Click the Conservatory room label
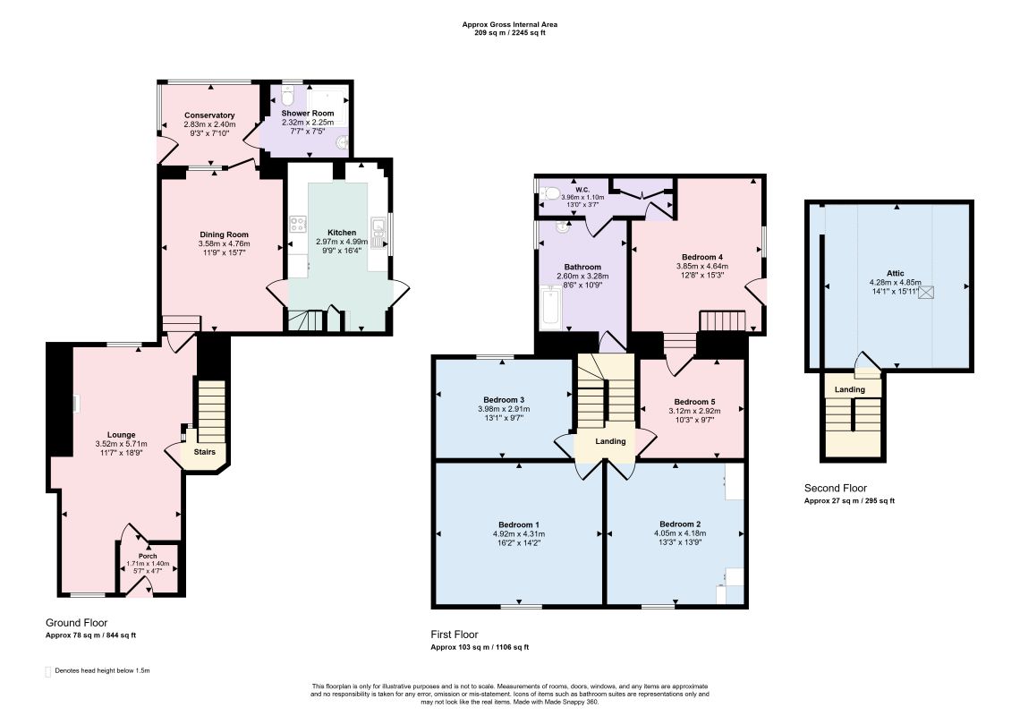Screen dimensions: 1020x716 click(209, 115)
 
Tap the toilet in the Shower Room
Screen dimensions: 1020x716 click(289, 97)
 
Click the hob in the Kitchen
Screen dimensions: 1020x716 click(298, 224)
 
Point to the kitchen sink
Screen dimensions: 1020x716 click(378, 229)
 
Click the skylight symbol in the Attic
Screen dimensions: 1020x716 click(926, 292)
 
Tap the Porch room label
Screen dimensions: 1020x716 click(148, 556)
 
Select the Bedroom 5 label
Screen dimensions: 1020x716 click(694, 402)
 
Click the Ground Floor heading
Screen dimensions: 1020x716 click(77, 623)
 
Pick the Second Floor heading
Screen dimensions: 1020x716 click(836, 488)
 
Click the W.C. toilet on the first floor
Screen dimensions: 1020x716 click(550, 192)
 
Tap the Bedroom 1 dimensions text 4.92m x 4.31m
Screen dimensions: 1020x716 click(518, 533)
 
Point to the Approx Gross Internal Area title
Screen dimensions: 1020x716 click(509, 25)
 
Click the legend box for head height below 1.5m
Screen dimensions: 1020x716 click(47, 672)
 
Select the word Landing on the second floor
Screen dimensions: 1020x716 click(850, 389)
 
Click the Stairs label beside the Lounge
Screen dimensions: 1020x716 click(204, 452)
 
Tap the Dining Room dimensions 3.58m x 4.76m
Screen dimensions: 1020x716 click(223, 243)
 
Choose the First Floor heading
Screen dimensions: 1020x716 click(454, 635)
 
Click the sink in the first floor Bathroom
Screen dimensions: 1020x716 click(562, 227)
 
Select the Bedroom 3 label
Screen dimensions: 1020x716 click(504, 400)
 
